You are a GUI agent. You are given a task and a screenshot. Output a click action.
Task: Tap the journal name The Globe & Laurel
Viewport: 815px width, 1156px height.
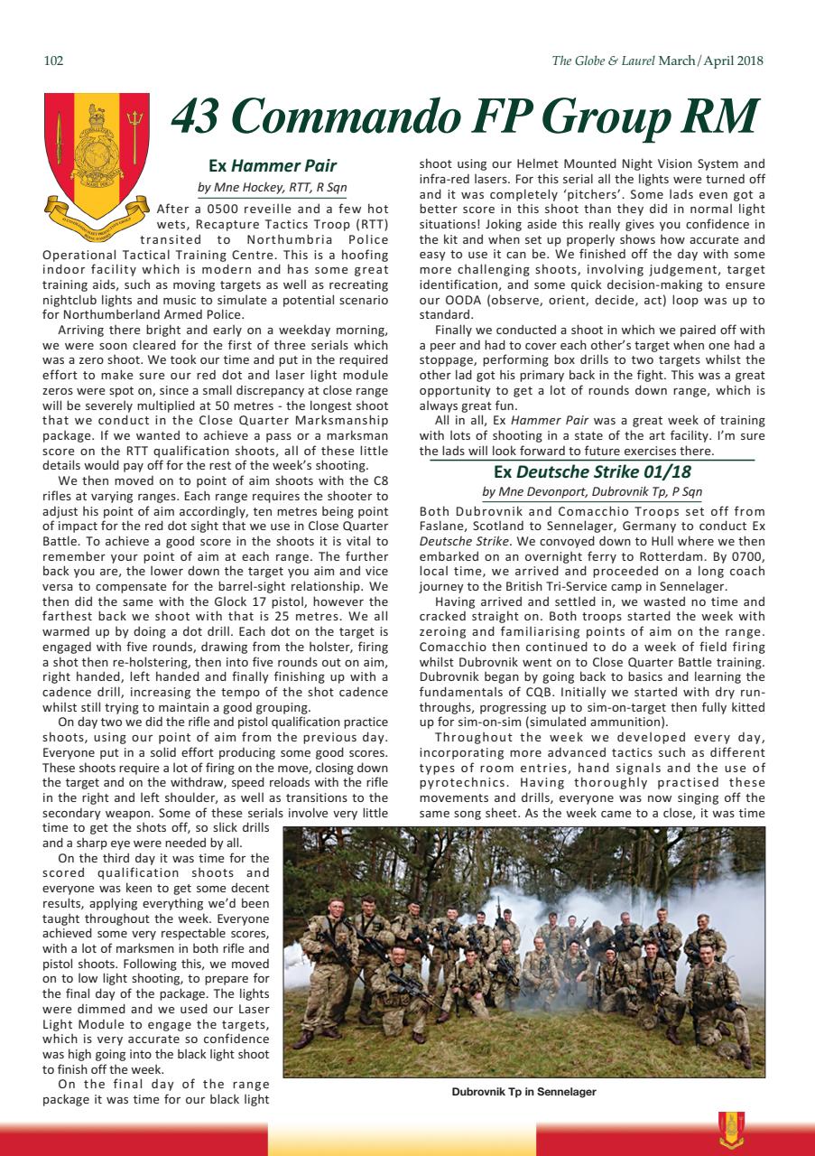click(603, 61)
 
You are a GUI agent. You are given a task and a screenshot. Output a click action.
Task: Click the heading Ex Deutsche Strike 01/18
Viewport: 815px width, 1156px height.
click(591, 471)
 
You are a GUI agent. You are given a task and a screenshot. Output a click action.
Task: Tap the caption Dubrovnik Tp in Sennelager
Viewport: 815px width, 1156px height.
click(523, 1092)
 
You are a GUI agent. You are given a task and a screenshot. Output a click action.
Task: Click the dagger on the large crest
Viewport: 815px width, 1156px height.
click(60, 135)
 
